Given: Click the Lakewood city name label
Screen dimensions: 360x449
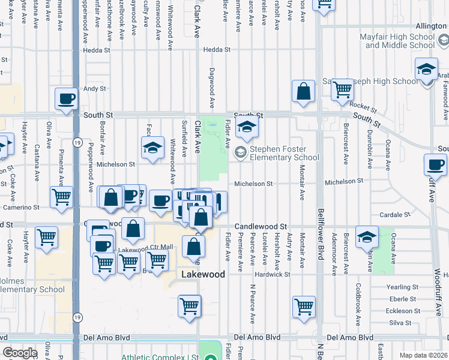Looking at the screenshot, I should pyautogui.click(x=203, y=274).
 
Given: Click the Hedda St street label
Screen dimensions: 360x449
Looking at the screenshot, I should pyautogui.click(x=217, y=50).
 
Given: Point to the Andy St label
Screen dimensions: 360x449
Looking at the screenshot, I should pyautogui.click(x=94, y=88).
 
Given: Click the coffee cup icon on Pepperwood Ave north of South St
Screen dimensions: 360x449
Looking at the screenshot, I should pyautogui.click(x=67, y=98).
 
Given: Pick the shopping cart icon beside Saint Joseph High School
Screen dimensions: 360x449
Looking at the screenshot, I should pyautogui.click(x=342, y=89).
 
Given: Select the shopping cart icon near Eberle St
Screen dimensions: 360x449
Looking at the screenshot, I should pyautogui.click(x=304, y=307).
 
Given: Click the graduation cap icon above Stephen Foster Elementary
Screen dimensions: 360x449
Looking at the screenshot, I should pyautogui.click(x=247, y=127).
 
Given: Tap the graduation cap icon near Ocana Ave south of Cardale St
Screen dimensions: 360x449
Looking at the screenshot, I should pyautogui.click(x=367, y=236).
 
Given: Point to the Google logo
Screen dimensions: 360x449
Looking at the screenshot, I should pyautogui.click(x=20, y=353).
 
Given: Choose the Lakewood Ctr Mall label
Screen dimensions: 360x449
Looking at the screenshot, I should pyautogui.click(x=146, y=248).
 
